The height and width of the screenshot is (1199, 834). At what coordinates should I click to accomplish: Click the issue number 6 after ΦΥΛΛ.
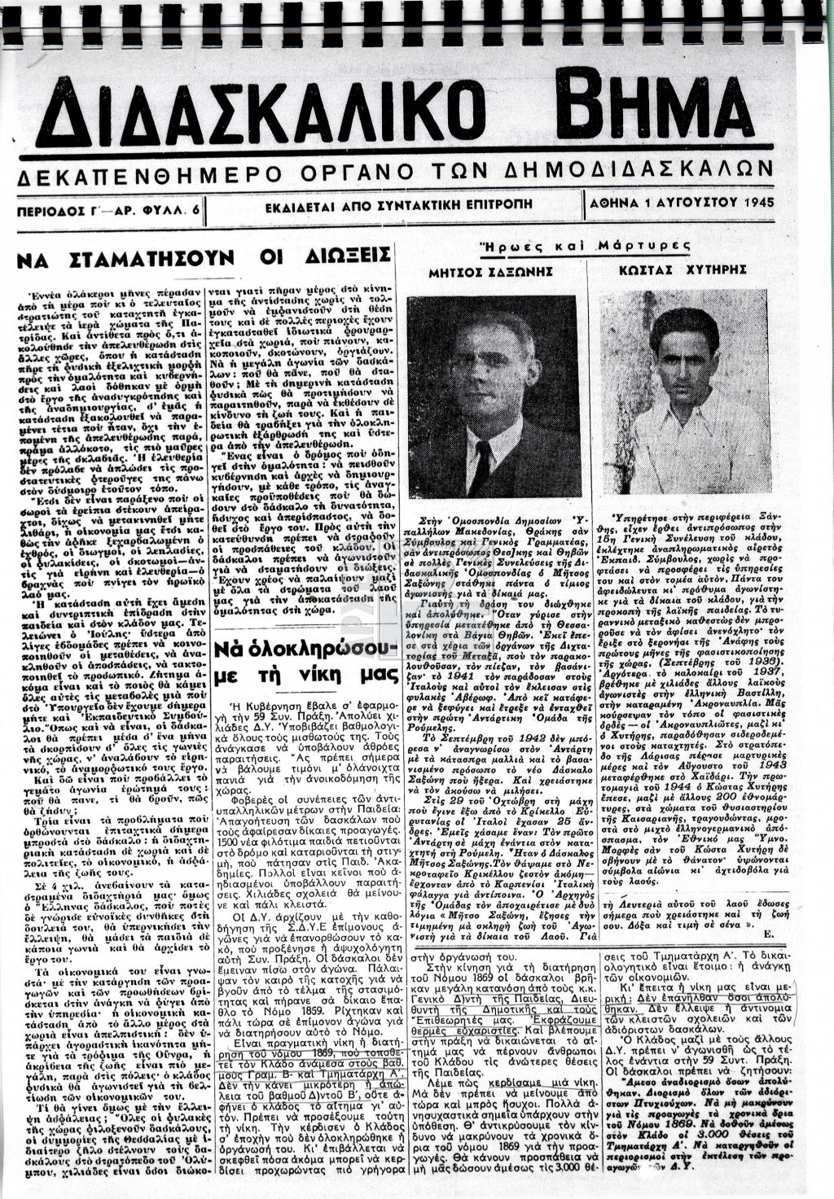pos(195,209)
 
